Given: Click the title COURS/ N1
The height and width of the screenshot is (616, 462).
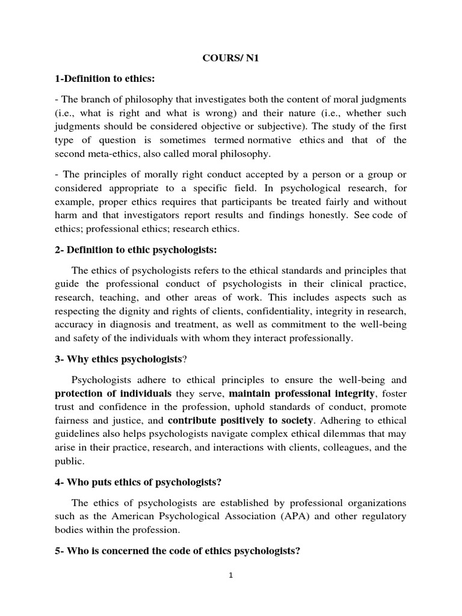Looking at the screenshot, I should click(230, 60).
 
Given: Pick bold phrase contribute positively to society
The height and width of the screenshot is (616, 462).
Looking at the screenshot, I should click(240, 420).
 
